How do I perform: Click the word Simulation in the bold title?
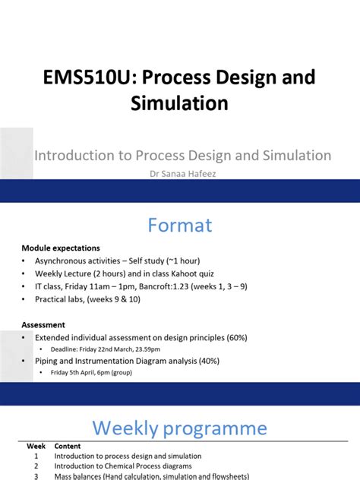180,104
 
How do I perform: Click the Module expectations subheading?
61,248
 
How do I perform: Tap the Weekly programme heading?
180,428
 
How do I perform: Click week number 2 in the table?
36,466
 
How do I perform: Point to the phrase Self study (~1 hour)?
175,261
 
